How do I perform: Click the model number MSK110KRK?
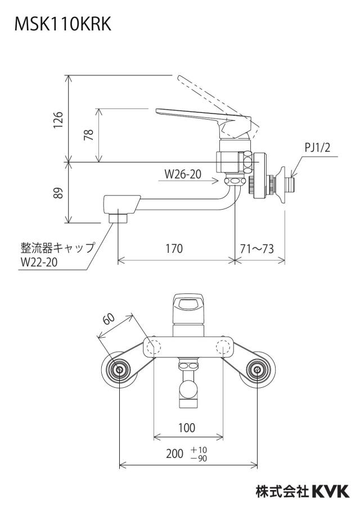click(x=63, y=24)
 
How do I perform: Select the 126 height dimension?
click(x=58, y=120)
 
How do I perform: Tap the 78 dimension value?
click(x=88, y=134)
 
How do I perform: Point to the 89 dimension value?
click(x=58, y=193)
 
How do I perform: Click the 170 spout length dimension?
click(x=174, y=248)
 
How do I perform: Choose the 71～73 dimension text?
click(x=257, y=248)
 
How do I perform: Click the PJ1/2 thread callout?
click(x=317, y=148)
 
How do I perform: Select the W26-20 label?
click(x=183, y=174)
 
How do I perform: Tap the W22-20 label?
click(x=39, y=262)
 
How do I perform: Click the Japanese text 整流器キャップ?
click(x=58, y=248)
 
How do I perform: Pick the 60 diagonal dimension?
click(x=109, y=319)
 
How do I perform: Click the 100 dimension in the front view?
click(x=187, y=428)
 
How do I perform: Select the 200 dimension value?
click(x=175, y=453)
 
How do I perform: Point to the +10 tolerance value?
click(x=199, y=450)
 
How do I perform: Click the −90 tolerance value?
click(x=199, y=458)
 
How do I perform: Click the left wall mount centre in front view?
click(x=120, y=370)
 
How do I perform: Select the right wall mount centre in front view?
click(x=257, y=370)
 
